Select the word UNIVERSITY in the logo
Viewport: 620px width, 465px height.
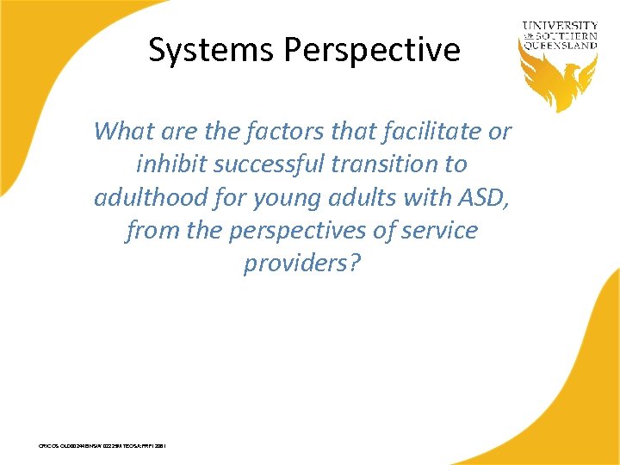coord(560,27)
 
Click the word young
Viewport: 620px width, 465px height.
coord(288,197)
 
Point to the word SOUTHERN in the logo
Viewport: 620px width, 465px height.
coord(568,36)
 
